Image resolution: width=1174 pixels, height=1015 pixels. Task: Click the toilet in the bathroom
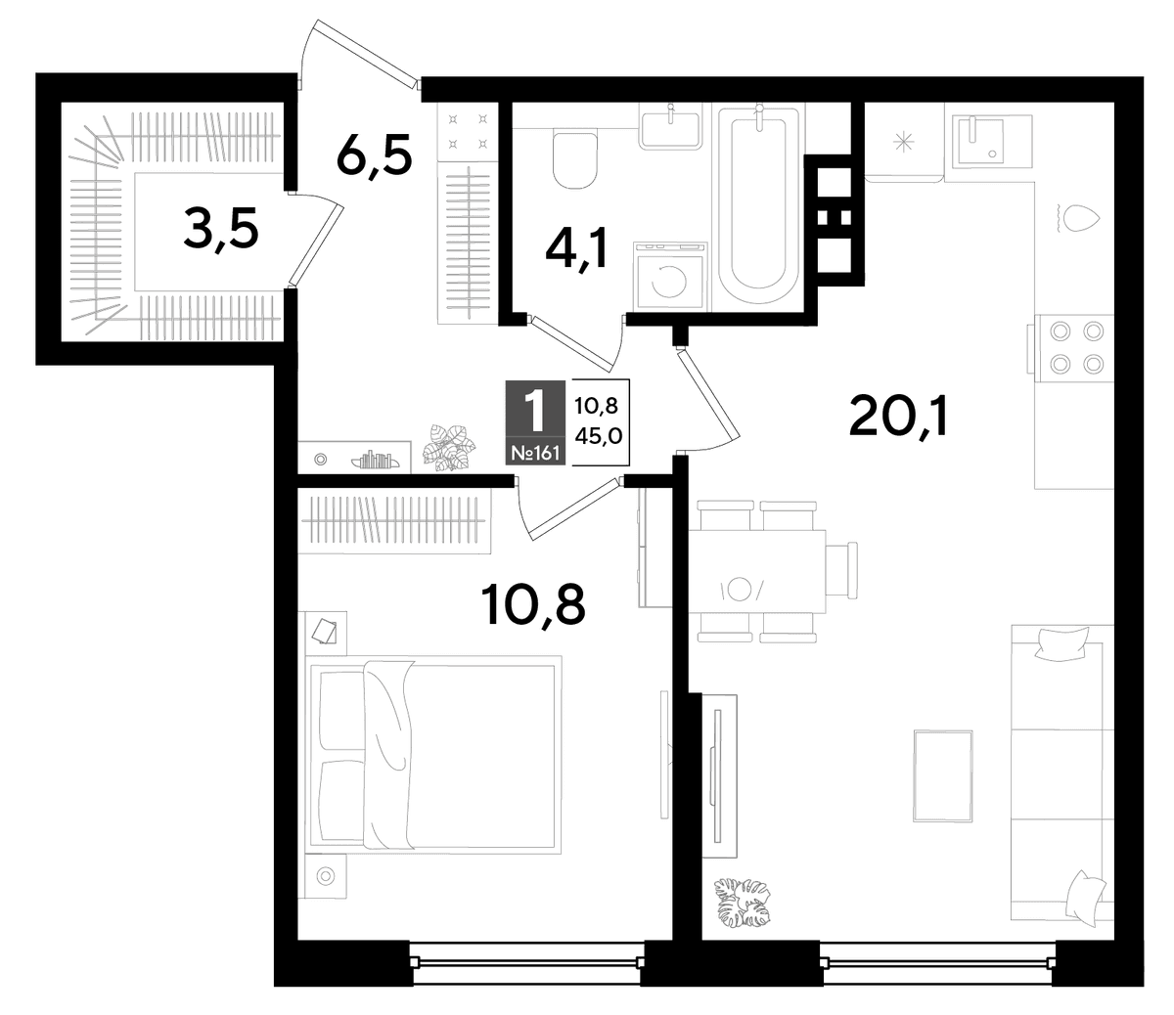(575, 159)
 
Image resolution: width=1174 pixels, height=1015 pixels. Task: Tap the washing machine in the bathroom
(670, 276)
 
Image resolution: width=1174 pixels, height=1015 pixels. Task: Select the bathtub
(759, 206)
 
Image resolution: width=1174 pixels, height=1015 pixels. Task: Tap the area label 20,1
(898, 418)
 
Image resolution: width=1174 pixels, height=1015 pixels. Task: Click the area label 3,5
(221, 228)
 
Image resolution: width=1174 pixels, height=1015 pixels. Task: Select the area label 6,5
(374, 154)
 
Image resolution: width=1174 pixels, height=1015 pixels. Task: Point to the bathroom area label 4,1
(576, 248)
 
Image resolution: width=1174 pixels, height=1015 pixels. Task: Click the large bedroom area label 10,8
(533, 604)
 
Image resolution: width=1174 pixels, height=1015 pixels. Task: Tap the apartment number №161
(535, 453)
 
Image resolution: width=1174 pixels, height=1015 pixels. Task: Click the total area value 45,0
(598, 436)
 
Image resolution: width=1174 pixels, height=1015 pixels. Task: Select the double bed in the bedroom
(433, 755)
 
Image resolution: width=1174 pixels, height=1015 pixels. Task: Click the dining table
(756, 571)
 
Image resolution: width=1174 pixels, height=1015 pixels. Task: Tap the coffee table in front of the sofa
(943, 776)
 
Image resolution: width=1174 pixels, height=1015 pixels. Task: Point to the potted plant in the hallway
(449, 447)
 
